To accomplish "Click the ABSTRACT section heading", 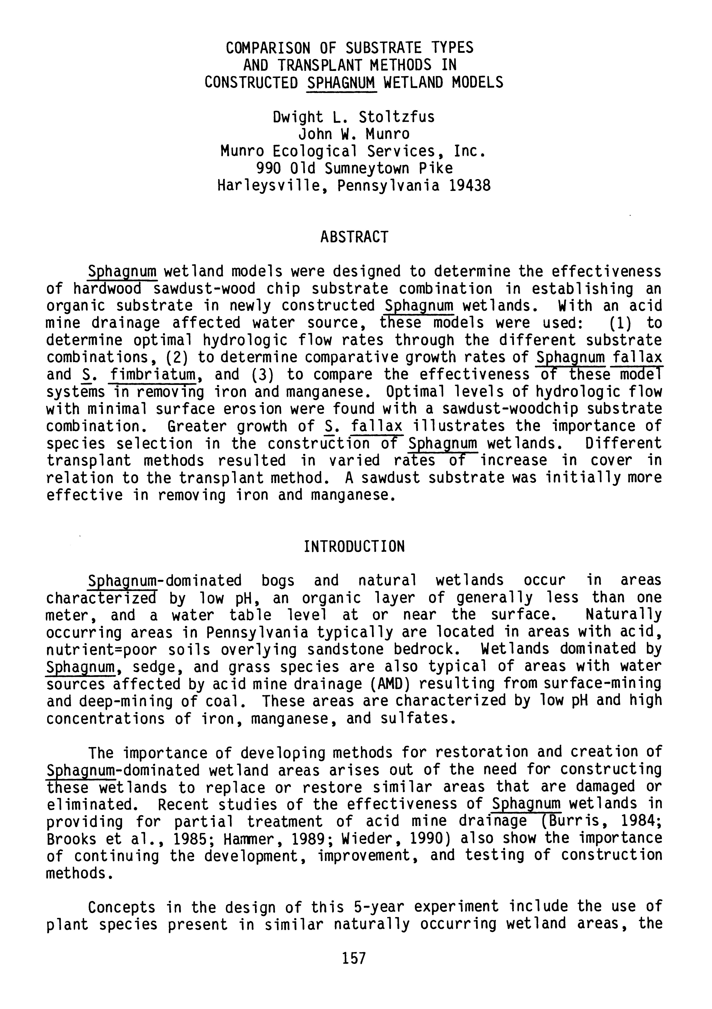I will coord(354,237).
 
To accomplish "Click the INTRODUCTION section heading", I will coord(354,547).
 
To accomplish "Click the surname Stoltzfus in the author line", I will coord(396,117).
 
